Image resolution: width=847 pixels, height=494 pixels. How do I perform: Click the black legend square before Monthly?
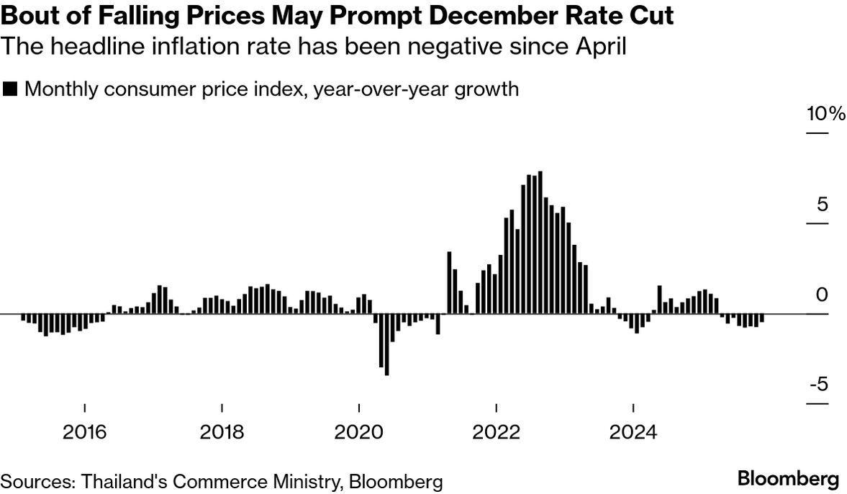10,89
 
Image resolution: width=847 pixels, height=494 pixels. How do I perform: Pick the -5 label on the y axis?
820,384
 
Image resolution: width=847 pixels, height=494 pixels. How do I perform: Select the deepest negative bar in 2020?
386,344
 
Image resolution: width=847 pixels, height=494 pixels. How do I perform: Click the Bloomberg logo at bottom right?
788,479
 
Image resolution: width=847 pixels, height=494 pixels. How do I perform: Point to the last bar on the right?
761,318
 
